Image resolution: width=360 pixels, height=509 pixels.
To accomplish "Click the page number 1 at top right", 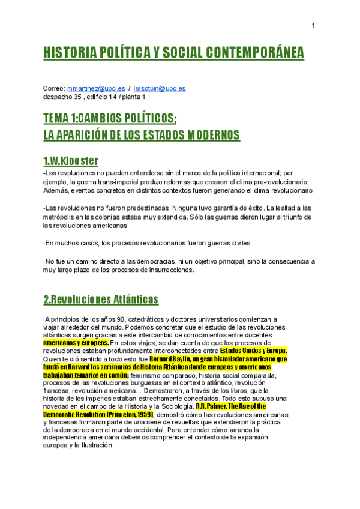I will point(313,25).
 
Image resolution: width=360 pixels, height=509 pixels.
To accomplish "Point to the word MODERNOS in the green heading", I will point(204,134).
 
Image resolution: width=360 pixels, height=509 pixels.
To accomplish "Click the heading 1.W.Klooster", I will point(70,161).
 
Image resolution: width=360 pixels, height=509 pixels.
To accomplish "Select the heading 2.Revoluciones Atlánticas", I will point(101,299).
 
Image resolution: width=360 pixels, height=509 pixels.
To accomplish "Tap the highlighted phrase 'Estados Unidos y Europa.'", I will point(254,351).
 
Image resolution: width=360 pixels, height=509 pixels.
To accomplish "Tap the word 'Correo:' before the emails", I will point(54,88).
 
